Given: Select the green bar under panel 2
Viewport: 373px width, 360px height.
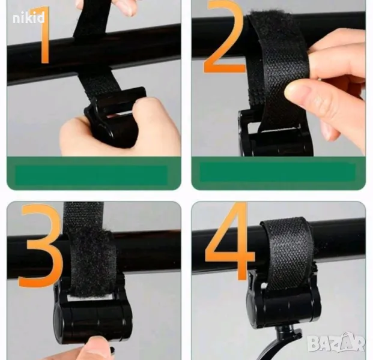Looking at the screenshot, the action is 278,173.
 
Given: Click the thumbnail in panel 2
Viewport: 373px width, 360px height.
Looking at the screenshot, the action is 298,90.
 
